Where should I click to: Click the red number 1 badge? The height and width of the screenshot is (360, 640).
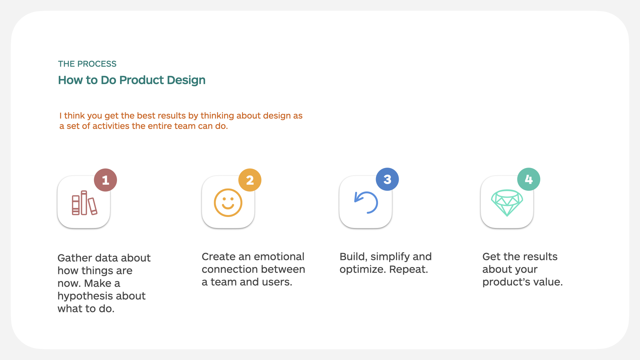[x=105, y=180]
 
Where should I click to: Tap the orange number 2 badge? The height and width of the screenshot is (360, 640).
[x=250, y=180]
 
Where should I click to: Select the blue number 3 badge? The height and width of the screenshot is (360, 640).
[x=387, y=179]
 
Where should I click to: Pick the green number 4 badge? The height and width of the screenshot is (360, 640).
[x=529, y=179]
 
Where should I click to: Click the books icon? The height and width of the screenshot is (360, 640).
[x=84, y=203]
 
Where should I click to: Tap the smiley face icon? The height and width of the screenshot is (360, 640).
[x=228, y=203]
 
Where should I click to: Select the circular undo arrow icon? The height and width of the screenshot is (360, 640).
[x=366, y=202]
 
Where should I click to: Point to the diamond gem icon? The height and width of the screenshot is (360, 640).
[x=507, y=203]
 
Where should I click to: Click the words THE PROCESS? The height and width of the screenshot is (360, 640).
[x=87, y=64]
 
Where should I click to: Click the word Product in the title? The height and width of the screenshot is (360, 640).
[x=142, y=80]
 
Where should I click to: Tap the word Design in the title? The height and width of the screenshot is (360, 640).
[x=186, y=81]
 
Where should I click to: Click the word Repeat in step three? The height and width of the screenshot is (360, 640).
[x=408, y=270]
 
